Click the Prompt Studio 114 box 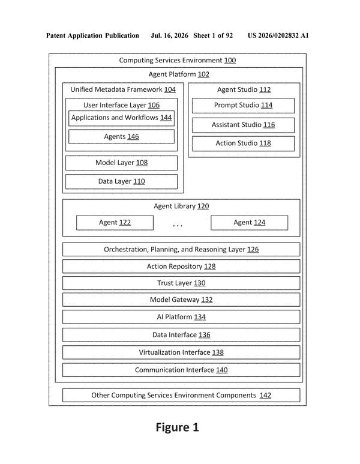pyautogui.click(x=243, y=106)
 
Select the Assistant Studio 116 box pyautogui.click(x=243, y=125)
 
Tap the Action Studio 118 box pyautogui.click(x=243, y=143)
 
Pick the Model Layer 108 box pyautogui.click(x=121, y=163)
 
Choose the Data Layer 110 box pyautogui.click(x=121, y=181)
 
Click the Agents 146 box pyautogui.click(x=121, y=137)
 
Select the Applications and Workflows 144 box pyautogui.click(x=121, y=118)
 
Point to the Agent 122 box pyautogui.click(x=115, y=223)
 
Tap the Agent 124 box pyautogui.click(x=250, y=223)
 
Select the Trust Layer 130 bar pyautogui.click(x=181, y=283)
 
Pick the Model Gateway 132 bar pyautogui.click(x=181, y=300)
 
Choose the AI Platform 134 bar pyautogui.click(x=181, y=317)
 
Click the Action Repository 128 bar pyautogui.click(x=181, y=267)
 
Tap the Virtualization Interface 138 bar pyautogui.click(x=181, y=352)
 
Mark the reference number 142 pyautogui.click(x=265, y=396)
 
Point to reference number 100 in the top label pyautogui.click(x=230, y=61)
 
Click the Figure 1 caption pyautogui.click(x=177, y=427)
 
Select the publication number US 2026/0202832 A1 pyautogui.click(x=278, y=35)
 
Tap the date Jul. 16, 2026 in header pyautogui.click(x=169, y=35)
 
